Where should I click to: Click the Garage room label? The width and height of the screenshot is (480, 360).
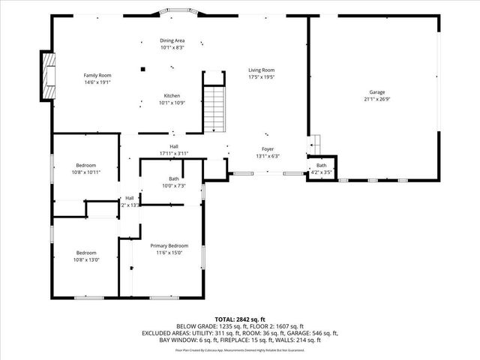tap(376, 92)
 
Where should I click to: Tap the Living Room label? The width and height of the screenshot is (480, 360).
tap(262, 70)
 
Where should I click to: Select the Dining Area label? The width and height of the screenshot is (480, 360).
tap(172, 40)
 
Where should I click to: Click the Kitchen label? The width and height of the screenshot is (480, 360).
tap(172, 95)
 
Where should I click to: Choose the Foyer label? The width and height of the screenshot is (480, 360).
tap(268, 149)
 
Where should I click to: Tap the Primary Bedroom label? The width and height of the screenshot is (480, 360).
tap(169, 246)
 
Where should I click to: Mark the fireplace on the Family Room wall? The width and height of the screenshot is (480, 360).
tap(48, 75)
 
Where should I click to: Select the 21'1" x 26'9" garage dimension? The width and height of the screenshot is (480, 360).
tap(376, 99)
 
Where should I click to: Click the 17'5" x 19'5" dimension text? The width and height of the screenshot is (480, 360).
tap(262, 76)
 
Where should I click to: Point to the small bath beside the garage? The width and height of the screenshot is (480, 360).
tap(322, 169)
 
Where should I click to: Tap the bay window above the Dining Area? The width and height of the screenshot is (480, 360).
tap(172, 13)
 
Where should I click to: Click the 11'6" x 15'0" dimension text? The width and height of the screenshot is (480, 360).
tap(169, 253)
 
